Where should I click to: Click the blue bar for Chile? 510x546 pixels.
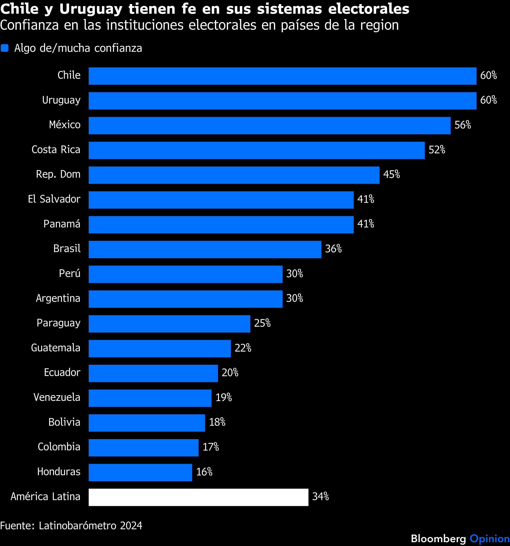coord(282,76)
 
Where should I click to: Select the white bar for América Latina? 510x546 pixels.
coord(198,497)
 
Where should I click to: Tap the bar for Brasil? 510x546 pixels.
coord(205,249)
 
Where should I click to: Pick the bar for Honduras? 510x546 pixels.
coord(140,472)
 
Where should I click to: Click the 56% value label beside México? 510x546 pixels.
coord(463,125)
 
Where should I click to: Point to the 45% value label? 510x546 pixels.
coord(392,175)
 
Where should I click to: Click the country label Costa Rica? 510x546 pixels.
coord(56,150)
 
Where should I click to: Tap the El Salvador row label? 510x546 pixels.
coord(54,199)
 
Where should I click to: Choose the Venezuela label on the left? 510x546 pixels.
coord(57,398)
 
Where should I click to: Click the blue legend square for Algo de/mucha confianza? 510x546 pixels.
coord(5,48)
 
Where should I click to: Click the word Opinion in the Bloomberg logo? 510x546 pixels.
coord(489,539)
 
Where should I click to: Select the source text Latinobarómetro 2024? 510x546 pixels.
coord(91,526)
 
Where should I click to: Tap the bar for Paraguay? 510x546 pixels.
coord(169,324)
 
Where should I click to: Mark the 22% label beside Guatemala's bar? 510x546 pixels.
coord(243,348)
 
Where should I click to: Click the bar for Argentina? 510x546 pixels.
coord(185,299)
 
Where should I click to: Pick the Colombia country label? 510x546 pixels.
coord(59,447)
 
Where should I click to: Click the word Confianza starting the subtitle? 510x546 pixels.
coord(29,26)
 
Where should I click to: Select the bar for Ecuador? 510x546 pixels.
coord(153,373)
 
